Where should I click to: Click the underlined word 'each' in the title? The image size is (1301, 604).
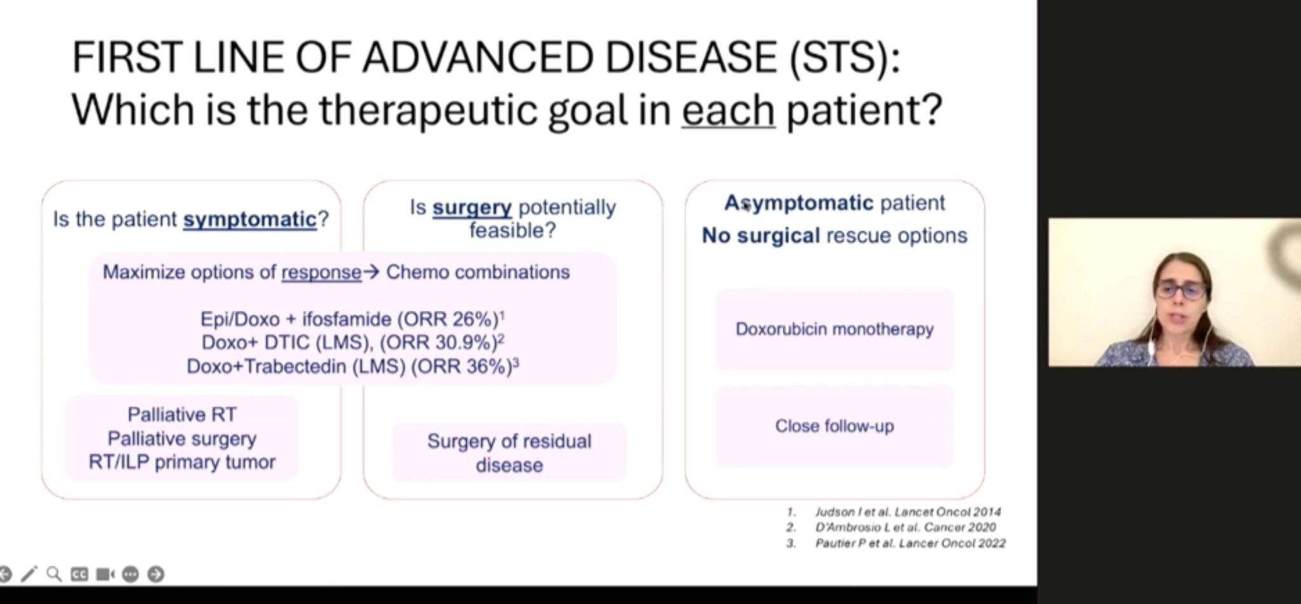tap(728, 109)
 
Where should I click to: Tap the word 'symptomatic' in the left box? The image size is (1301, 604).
tap(250, 219)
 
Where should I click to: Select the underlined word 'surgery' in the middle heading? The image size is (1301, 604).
tap(472, 207)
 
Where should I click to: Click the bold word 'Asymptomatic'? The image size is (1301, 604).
tap(799, 203)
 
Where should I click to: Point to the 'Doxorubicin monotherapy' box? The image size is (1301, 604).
tap(835, 329)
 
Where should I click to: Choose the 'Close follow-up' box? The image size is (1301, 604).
tap(835, 426)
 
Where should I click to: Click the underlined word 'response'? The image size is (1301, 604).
tap(321, 272)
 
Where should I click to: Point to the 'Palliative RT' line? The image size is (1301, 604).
tap(182, 415)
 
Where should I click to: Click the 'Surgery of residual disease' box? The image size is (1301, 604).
tap(509, 453)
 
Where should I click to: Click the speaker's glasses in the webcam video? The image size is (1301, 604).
tap(1181, 291)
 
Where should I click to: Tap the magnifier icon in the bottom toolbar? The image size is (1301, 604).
tap(55, 574)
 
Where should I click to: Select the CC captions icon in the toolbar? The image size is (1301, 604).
tap(79, 575)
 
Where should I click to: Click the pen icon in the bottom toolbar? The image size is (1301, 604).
tap(29, 574)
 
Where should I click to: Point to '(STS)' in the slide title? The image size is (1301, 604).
tap(845, 57)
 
